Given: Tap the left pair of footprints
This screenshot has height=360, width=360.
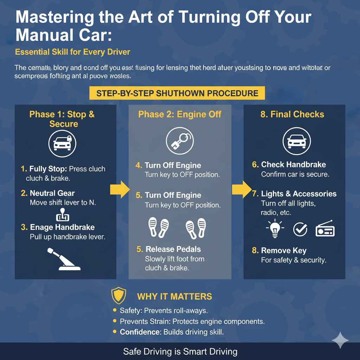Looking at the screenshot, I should (157, 227).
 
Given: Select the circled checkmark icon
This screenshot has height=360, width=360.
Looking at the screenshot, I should (300, 230).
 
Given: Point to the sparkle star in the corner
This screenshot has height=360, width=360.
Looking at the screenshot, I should (340, 340).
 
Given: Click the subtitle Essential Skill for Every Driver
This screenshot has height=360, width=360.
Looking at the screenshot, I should (72, 52).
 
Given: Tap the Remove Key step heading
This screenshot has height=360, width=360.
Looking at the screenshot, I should (283, 251).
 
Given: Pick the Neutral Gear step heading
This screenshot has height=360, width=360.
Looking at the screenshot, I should (52, 193).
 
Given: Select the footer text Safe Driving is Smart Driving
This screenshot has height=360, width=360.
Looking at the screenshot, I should (180, 352).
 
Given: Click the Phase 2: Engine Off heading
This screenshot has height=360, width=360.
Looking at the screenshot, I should (180, 114).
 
